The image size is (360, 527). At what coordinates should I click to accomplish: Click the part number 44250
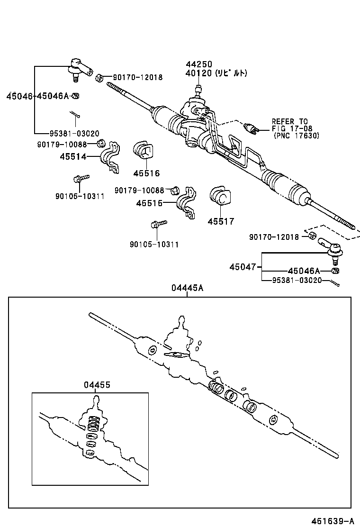click(199, 64)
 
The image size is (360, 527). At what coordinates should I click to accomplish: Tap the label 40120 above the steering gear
click(199, 73)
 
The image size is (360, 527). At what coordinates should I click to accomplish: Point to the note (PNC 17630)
click(297, 135)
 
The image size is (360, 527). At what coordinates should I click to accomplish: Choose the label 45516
click(146, 173)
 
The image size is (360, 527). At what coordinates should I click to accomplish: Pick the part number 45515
click(149, 203)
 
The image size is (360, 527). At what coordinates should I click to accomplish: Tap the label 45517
click(221, 221)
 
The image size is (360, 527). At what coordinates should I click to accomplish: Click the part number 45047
click(243, 267)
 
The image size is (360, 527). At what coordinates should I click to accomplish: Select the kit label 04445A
click(188, 288)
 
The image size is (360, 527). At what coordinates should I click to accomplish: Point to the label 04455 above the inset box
click(97, 385)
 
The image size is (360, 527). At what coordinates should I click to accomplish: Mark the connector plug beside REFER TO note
click(251, 127)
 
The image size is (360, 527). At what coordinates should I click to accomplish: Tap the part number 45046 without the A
click(20, 96)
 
